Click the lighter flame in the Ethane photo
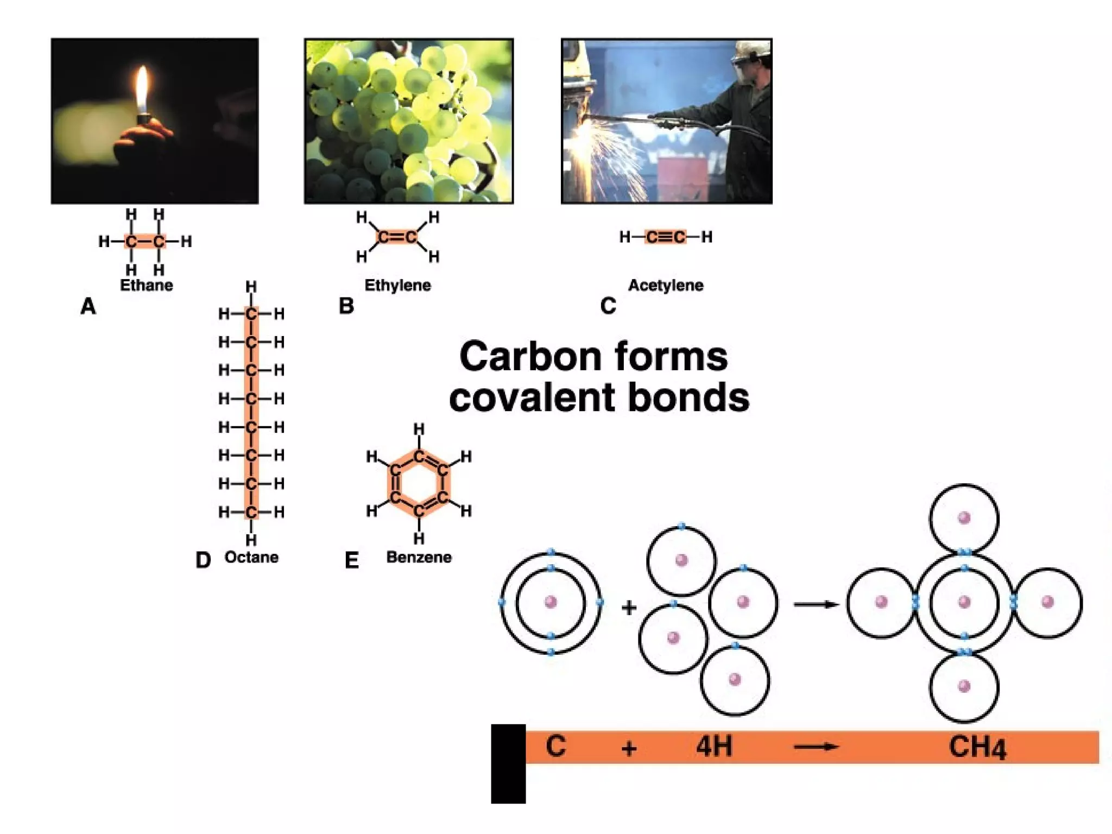click(142, 90)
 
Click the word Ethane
click(146, 285)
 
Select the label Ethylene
click(397, 285)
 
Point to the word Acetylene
click(666, 285)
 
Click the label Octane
click(251, 557)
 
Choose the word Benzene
click(419, 557)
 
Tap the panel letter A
click(88, 306)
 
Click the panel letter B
click(346, 306)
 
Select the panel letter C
click(608, 306)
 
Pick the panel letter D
click(203, 560)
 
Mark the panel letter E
click(351, 560)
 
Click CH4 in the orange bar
click(977, 747)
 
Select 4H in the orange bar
click(714, 746)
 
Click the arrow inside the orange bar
click(816, 747)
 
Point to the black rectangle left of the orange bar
click(508, 763)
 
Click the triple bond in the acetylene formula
click(666, 237)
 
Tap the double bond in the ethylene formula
click(397, 237)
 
